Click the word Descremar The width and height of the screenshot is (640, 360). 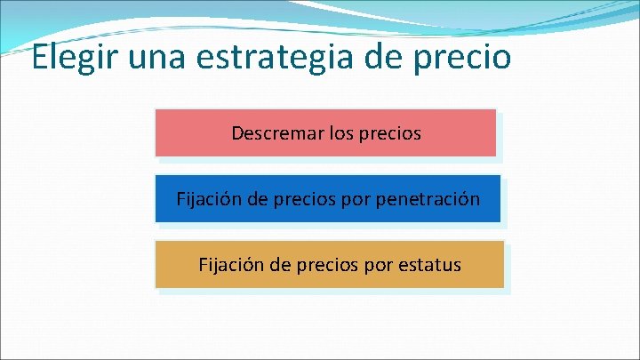point(276,133)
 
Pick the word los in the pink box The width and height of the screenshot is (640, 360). point(342,133)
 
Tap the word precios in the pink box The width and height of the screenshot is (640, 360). point(390,134)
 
